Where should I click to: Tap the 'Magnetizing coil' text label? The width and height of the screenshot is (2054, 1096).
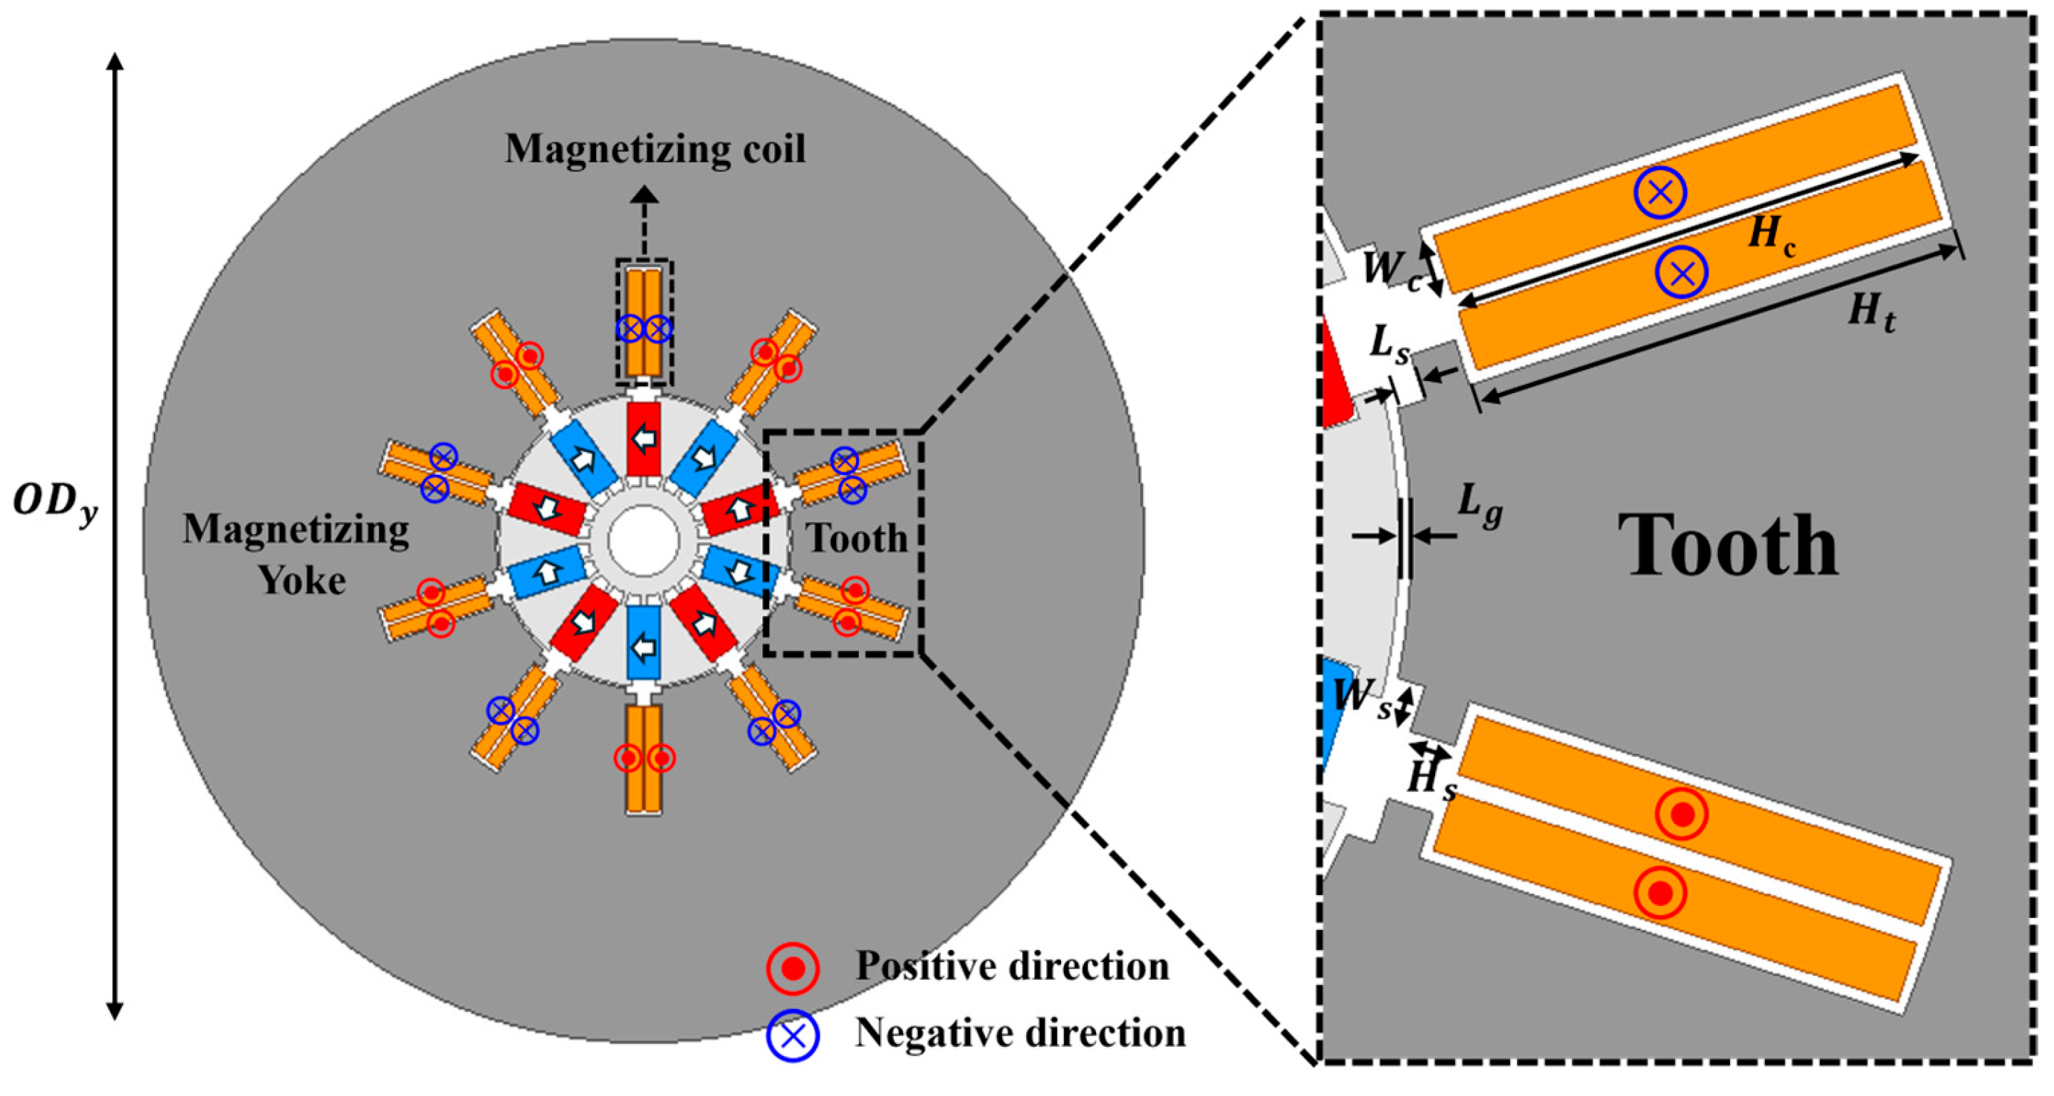pyautogui.click(x=655, y=149)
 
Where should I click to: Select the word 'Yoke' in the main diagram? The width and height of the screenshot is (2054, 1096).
pyautogui.click(x=301, y=580)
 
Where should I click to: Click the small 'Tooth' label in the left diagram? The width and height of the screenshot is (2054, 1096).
pyautogui.click(x=857, y=539)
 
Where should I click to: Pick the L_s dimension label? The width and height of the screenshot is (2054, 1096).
pyautogui.click(x=1390, y=345)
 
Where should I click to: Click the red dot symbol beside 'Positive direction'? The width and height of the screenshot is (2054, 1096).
pyautogui.click(x=793, y=969)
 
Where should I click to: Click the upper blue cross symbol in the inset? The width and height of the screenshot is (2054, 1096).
pyautogui.click(x=1660, y=192)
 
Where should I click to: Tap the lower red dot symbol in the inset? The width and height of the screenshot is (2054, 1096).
pyautogui.click(x=1660, y=893)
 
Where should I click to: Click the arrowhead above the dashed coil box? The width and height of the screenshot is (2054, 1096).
pyautogui.click(x=645, y=194)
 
